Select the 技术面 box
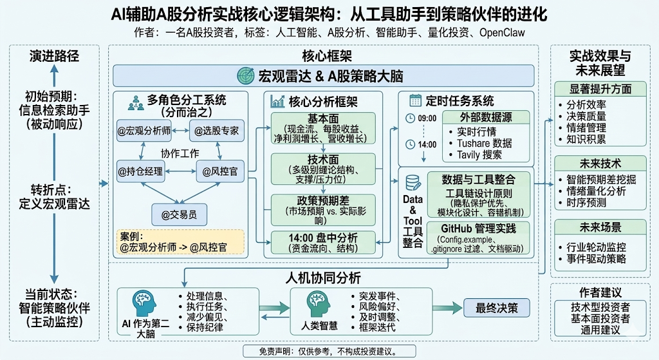[x=323, y=169]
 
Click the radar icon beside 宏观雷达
[x=246, y=75]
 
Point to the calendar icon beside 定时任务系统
[x=414, y=100]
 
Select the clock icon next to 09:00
[x=410, y=118]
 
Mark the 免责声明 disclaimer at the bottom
[x=328, y=352]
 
